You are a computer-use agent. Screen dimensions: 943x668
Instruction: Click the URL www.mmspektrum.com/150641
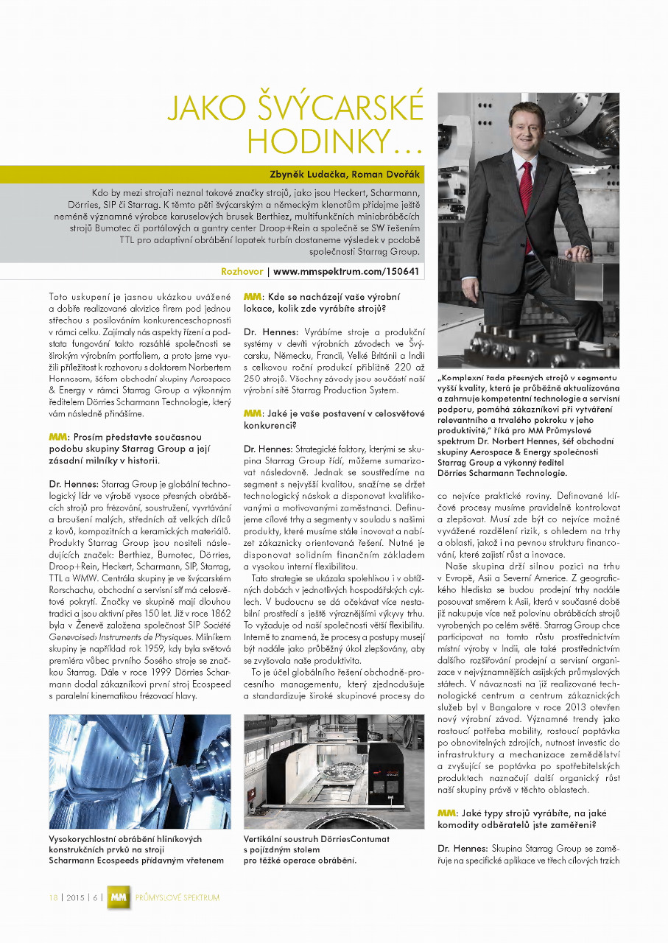point(346,271)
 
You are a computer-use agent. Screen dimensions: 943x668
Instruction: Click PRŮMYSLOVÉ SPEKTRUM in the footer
point(177,897)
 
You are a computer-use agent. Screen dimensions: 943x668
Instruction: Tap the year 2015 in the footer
point(74,897)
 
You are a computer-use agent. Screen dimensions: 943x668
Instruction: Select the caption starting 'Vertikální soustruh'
point(317,849)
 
